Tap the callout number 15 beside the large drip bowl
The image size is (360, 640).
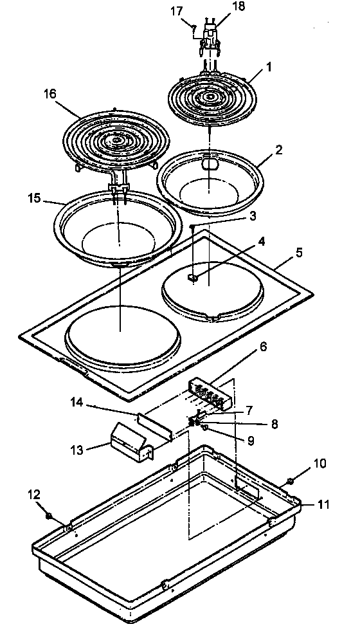[36, 200]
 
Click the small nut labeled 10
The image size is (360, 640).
[290, 480]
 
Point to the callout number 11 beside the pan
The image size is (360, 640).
[323, 505]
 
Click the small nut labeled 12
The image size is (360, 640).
[48, 515]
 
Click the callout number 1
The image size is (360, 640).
[270, 66]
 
